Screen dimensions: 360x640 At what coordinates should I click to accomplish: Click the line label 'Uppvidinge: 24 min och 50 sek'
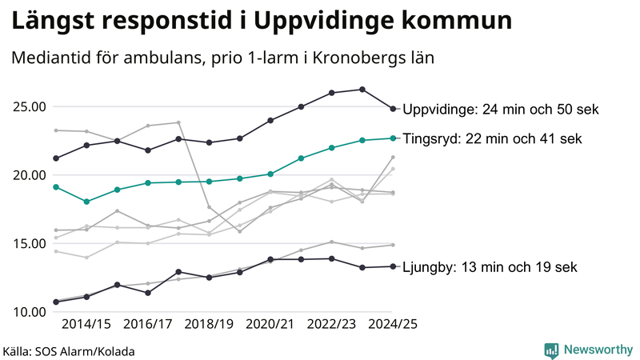click(x=501, y=110)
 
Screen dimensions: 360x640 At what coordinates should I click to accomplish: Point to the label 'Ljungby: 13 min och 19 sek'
click(x=490, y=267)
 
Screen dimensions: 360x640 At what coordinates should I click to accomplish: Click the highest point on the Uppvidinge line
click(x=362, y=90)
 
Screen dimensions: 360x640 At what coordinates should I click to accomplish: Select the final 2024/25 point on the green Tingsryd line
click(x=393, y=138)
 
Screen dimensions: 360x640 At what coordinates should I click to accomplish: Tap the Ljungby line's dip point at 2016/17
click(x=148, y=293)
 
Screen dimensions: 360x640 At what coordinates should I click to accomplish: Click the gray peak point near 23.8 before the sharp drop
click(x=178, y=122)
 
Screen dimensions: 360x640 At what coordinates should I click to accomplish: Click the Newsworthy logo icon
click(x=551, y=350)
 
